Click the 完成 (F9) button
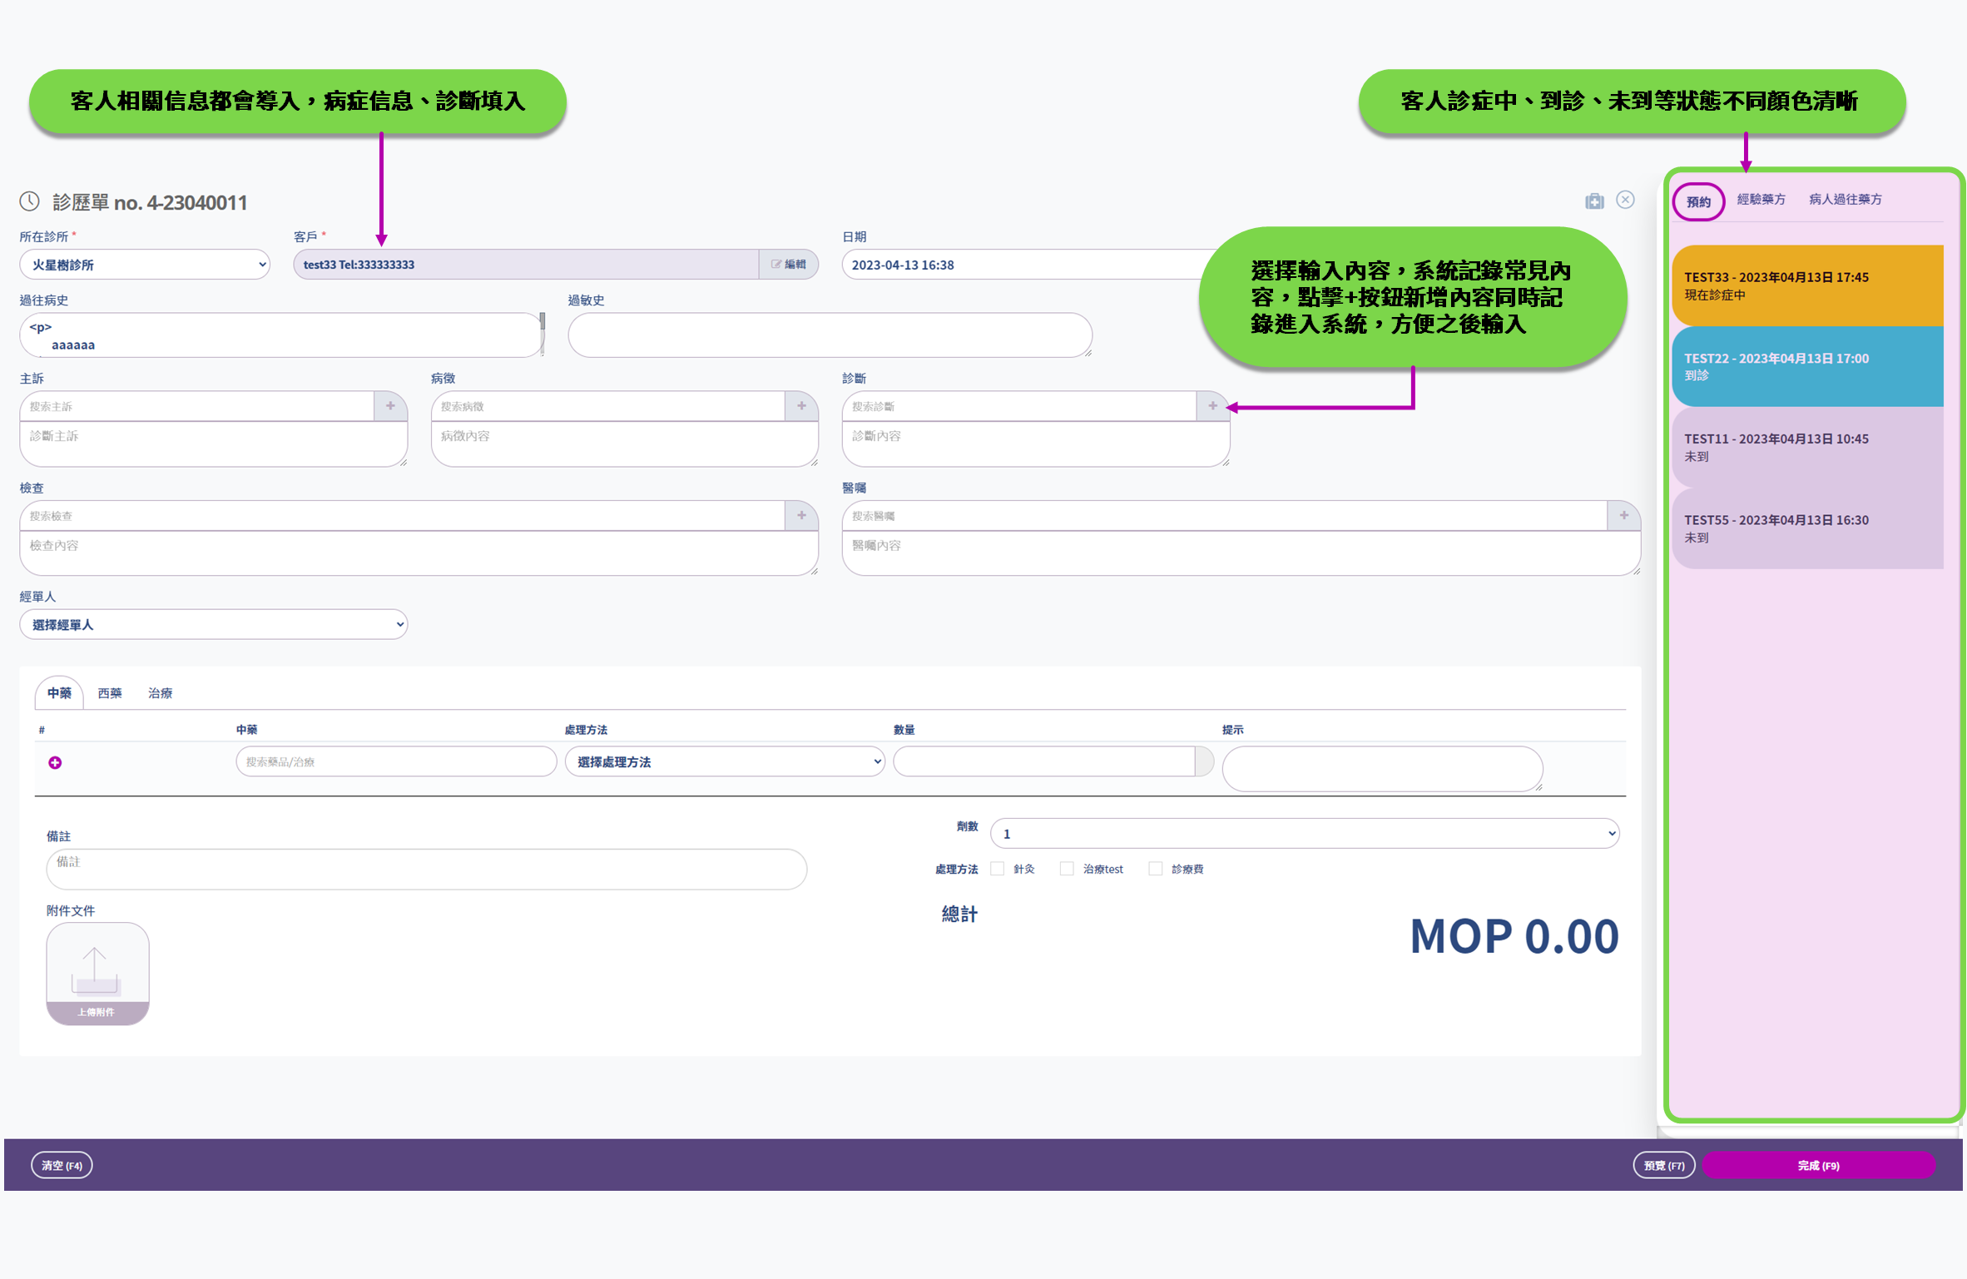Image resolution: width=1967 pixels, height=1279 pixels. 1818,1165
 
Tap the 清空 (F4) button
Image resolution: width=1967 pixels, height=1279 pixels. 62,1165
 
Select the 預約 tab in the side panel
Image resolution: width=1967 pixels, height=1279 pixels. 1697,201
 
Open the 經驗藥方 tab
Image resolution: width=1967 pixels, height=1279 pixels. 1761,200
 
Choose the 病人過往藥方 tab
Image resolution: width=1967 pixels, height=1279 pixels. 1845,200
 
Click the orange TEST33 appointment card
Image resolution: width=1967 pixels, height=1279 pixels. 1807,285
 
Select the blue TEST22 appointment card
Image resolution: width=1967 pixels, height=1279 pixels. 1807,366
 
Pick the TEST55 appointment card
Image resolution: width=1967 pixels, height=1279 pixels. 1807,528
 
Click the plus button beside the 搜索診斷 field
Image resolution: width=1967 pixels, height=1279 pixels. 1212,406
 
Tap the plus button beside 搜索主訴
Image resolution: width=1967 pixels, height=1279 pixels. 390,406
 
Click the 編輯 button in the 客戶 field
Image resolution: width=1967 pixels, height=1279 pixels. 789,265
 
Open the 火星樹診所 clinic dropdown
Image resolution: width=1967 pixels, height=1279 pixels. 145,265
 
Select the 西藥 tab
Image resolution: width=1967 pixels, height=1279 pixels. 110,693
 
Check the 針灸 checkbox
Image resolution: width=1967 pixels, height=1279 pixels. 997,869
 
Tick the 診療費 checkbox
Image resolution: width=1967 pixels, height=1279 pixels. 1155,869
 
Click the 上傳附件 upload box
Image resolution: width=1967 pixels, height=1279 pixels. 97,973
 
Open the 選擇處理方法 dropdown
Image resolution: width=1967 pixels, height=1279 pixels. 724,761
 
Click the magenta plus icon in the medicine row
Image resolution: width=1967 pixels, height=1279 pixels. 55,762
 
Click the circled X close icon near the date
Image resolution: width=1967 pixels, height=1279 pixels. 1625,201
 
